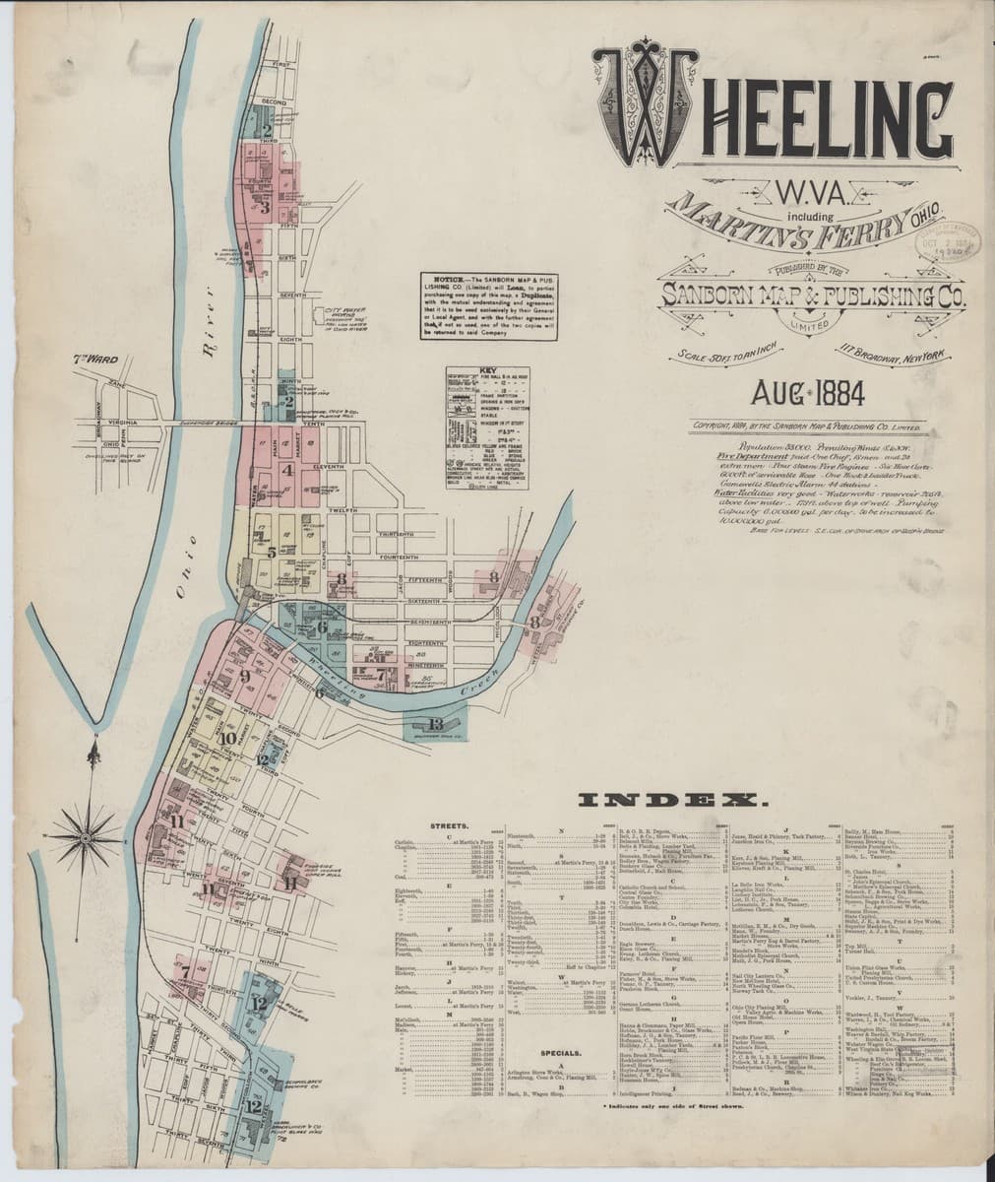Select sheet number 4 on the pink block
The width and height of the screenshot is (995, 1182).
(287, 470)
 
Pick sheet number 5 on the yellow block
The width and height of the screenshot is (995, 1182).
(272, 553)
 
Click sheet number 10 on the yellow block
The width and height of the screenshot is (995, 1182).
(227, 738)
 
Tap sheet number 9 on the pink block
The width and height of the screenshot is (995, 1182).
(244, 676)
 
